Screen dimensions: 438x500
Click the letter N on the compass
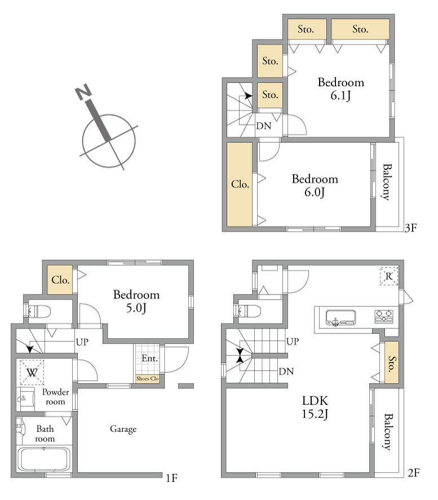83,92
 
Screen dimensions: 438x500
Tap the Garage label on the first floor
123,429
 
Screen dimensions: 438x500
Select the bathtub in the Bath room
44,459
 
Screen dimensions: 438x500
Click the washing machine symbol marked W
32,372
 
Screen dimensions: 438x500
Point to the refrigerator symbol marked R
389,276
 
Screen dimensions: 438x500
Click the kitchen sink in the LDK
340,318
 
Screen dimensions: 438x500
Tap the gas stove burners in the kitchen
384,316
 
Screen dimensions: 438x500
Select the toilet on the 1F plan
38,311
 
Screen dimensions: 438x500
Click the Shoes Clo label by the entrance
148,378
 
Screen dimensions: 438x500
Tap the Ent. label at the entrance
150,359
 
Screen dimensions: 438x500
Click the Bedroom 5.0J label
136,301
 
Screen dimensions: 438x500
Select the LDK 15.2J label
315,407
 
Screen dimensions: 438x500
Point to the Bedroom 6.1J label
341,88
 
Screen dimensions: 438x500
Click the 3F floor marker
411,228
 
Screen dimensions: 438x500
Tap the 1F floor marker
171,478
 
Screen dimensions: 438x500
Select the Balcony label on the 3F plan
387,182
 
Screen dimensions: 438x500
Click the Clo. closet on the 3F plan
240,184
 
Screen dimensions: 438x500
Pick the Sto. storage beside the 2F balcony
392,363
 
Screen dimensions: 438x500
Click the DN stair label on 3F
264,126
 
